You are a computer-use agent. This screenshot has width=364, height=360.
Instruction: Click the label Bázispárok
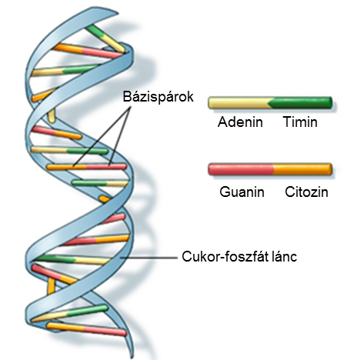(158, 97)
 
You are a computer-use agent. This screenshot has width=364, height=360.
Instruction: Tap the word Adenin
(240, 122)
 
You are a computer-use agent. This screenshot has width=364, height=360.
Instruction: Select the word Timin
(300, 122)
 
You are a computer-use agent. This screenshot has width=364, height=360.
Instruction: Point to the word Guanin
(242, 192)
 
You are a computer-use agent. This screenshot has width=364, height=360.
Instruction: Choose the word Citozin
(306, 192)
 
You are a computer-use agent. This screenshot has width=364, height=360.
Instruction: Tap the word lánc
(286, 256)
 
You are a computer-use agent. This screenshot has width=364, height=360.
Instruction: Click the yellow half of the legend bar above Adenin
(240, 103)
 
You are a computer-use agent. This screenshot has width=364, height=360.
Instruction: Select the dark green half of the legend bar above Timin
(301, 103)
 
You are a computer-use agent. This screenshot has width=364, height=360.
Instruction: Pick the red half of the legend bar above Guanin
(241, 169)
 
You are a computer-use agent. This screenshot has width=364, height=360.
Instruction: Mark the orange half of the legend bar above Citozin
(302, 169)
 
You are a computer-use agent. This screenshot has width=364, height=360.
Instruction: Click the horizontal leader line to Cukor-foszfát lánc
(149, 257)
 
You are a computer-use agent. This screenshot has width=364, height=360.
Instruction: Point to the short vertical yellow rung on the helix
(52, 115)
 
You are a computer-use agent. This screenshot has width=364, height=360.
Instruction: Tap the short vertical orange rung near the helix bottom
(51, 286)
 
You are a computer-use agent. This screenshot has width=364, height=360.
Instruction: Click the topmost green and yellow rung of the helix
(105, 38)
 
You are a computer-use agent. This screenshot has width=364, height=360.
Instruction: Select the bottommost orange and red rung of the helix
(86, 329)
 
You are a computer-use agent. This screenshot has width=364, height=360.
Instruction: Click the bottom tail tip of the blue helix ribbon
(132, 358)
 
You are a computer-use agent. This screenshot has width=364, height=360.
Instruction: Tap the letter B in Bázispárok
(126, 96)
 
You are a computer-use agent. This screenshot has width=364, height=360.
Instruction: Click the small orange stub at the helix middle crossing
(105, 198)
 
